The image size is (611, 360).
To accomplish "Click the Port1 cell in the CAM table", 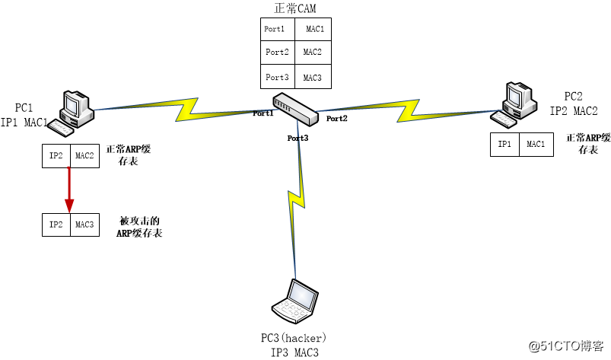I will [x=275, y=29].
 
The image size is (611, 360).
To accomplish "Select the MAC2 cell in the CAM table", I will [x=313, y=53].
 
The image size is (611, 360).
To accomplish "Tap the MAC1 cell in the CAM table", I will [x=313, y=29].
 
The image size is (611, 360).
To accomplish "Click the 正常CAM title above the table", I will [x=294, y=8].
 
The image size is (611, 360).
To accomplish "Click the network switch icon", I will [x=295, y=108].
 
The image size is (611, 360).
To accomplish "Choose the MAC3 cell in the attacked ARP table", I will [x=84, y=225].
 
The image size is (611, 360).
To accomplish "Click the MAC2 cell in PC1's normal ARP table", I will [x=84, y=156].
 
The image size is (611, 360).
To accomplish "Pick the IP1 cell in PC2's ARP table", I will [x=504, y=144].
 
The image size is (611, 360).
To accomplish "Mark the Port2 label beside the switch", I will [x=336, y=119].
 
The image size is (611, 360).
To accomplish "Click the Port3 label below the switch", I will [x=298, y=138].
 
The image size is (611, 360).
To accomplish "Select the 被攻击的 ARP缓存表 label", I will [x=141, y=227].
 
